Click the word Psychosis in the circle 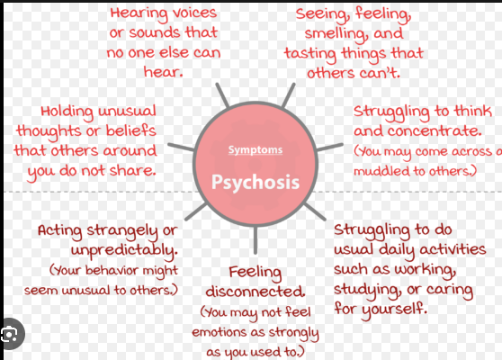tap(255, 183)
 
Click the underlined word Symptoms tap(255, 150)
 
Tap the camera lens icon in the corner tap(10, 335)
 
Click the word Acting tap(60, 231)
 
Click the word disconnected tap(255, 292)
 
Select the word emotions tap(219, 332)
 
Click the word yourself tap(394, 310)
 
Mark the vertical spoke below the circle tap(255, 240)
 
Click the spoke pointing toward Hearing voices tap(222, 95)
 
